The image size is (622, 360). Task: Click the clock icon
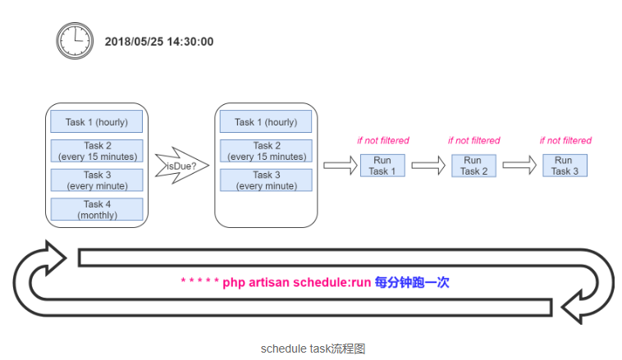coord(75,41)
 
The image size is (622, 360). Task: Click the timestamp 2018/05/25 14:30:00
coord(159,42)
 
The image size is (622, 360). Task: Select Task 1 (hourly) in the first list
coord(96,121)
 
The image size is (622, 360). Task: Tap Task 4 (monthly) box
coord(97,209)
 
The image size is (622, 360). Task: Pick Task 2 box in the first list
coord(97,151)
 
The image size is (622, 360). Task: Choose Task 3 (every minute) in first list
coord(97,180)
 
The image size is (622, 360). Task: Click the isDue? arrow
coord(182,166)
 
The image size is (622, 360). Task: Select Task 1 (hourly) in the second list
coord(266,121)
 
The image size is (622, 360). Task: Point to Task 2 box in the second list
coord(266,151)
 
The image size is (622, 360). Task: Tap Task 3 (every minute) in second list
coord(266,180)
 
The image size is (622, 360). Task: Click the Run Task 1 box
coord(382,166)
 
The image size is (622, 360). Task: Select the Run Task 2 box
coord(473,166)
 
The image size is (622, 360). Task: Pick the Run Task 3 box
coord(565,166)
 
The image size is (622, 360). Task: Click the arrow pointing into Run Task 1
coord(341,166)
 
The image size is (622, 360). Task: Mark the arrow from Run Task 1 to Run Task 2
coord(428,166)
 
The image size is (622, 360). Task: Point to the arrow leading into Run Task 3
coord(519,166)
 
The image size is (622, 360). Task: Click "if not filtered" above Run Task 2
coord(474,140)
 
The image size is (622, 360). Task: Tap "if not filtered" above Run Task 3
coord(565,140)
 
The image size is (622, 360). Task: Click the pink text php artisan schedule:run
coord(297,283)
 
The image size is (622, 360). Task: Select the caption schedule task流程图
coord(313,349)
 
